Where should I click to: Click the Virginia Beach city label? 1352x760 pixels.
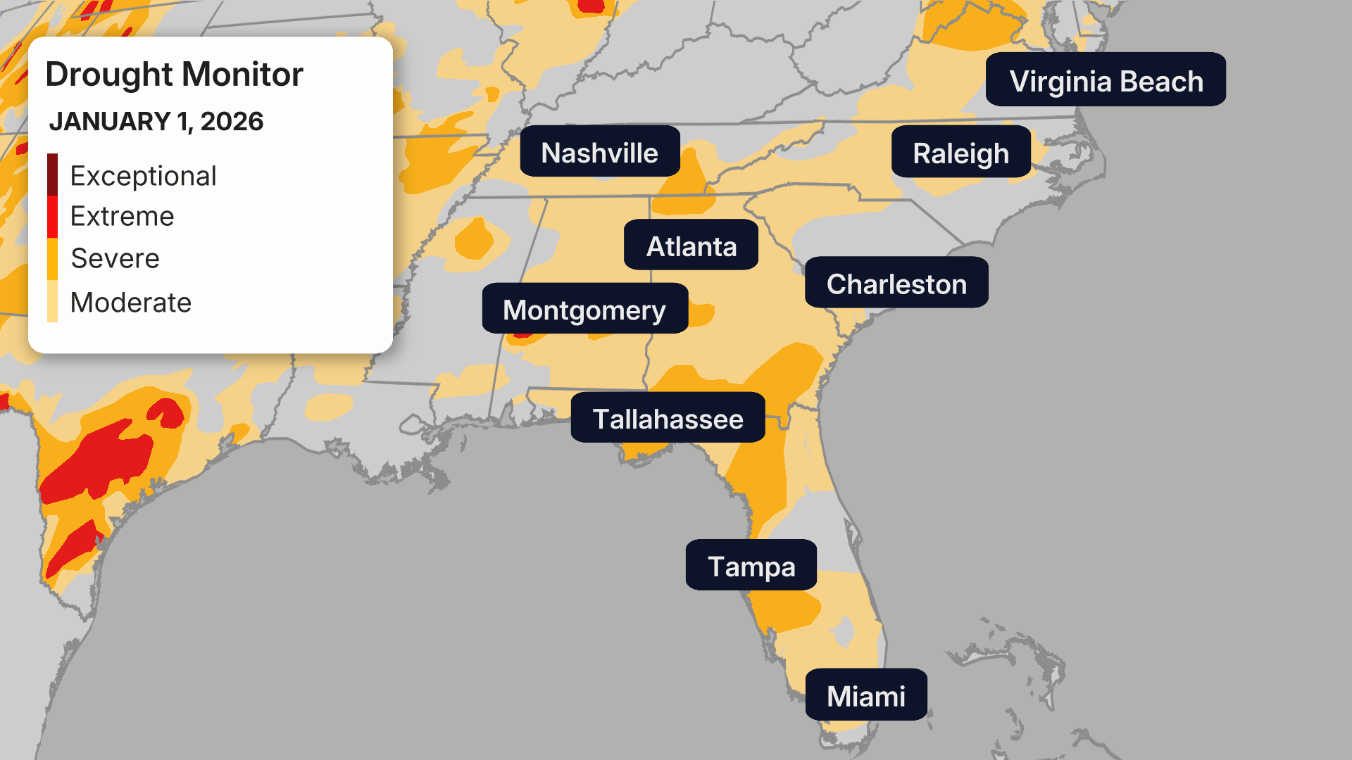click(1106, 80)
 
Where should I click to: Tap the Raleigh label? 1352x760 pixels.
click(960, 153)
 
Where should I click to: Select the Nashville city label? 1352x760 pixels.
click(599, 152)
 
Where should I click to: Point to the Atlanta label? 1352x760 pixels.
click(691, 246)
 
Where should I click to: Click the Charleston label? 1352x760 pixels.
click(896, 283)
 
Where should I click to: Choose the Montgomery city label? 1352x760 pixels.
click(584, 309)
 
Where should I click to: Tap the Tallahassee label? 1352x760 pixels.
click(667, 418)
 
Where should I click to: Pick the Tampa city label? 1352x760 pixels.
click(751, 565)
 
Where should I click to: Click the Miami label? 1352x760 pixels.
click(865, 695)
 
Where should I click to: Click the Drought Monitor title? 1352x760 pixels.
click(174, 75)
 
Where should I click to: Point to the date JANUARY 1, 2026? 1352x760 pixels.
click(156, 121)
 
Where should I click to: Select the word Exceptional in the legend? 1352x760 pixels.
click(143, 176)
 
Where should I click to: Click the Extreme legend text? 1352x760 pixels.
click(122, 216)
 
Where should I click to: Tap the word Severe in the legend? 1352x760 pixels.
click(115, 258)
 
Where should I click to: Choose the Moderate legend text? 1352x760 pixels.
click(131, 303)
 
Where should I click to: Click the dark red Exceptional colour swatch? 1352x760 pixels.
click(52, 174)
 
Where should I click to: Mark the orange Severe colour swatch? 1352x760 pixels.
click(52, 258)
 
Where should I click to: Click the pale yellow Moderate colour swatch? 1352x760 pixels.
click(52, 301)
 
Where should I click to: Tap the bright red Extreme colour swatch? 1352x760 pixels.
click(52, 216)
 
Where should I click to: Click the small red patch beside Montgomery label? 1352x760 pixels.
click(522, 336)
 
